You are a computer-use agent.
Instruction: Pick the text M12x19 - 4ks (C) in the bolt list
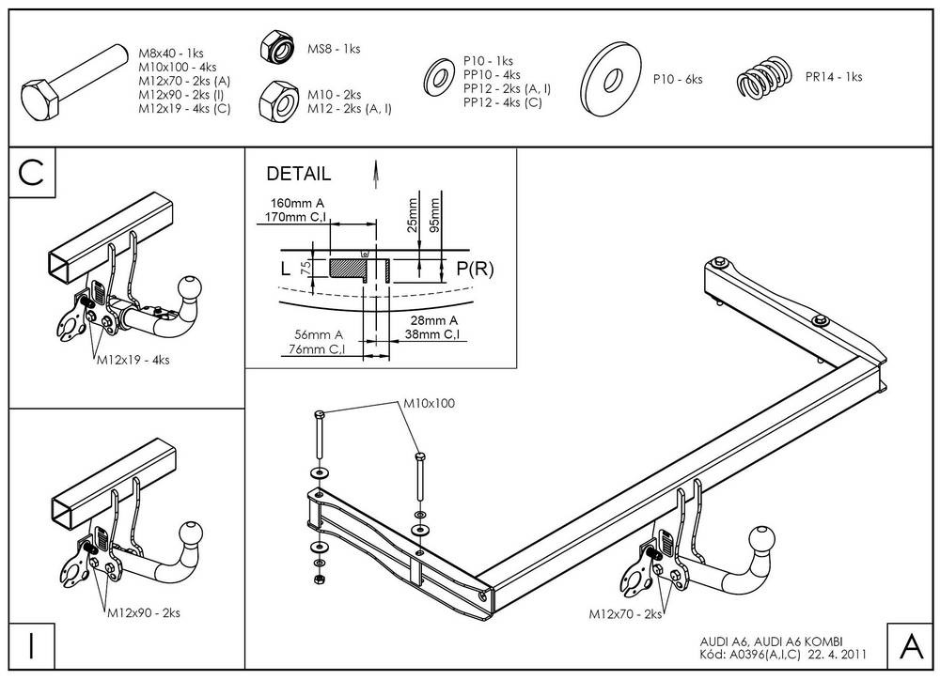point(183,108)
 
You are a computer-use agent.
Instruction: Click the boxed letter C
point(32,174)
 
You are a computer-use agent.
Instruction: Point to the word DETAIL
point(299,174)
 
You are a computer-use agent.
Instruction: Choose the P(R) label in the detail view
point(475,269)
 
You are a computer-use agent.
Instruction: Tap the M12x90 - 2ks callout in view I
point(142,612)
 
